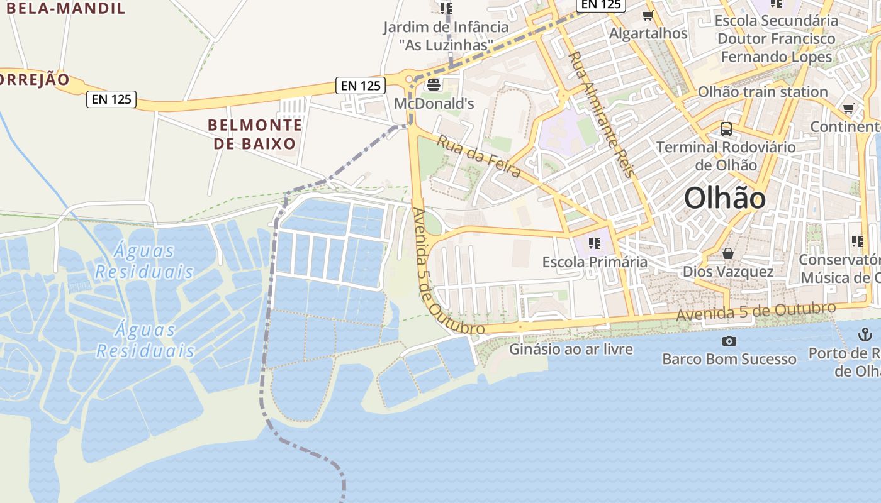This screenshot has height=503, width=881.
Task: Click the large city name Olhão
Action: (x=725, y=199)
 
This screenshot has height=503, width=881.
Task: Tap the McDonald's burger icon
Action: (x=434, y=85)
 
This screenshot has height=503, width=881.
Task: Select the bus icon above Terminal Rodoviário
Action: (x=726, y=129)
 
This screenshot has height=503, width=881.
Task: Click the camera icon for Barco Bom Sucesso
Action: (x=729, y=341)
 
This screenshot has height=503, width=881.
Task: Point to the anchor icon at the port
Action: (x=865, y=334)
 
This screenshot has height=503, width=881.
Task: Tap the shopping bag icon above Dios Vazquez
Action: (x=728, y=253)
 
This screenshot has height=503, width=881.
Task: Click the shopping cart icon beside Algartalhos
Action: (x=648, y=15)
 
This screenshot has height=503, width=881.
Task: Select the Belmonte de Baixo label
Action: (x=255, y=135)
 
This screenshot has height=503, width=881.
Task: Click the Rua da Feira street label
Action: (x=479, y=157)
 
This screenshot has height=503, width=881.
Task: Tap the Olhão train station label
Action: (x=763, y=92)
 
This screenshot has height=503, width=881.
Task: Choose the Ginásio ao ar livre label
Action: (x=571, y=349)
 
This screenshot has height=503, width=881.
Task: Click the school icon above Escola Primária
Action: (x=595, y=243)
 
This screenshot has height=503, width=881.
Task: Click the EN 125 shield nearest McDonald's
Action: (x=361, y=86)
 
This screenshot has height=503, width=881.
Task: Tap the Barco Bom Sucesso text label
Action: (x=729, y=359)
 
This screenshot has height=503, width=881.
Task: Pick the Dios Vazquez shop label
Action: (x=728, y=272)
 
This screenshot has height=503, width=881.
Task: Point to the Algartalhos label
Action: (x=648, y=33)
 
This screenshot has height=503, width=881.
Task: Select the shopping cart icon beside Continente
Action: (x=849, y=109)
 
